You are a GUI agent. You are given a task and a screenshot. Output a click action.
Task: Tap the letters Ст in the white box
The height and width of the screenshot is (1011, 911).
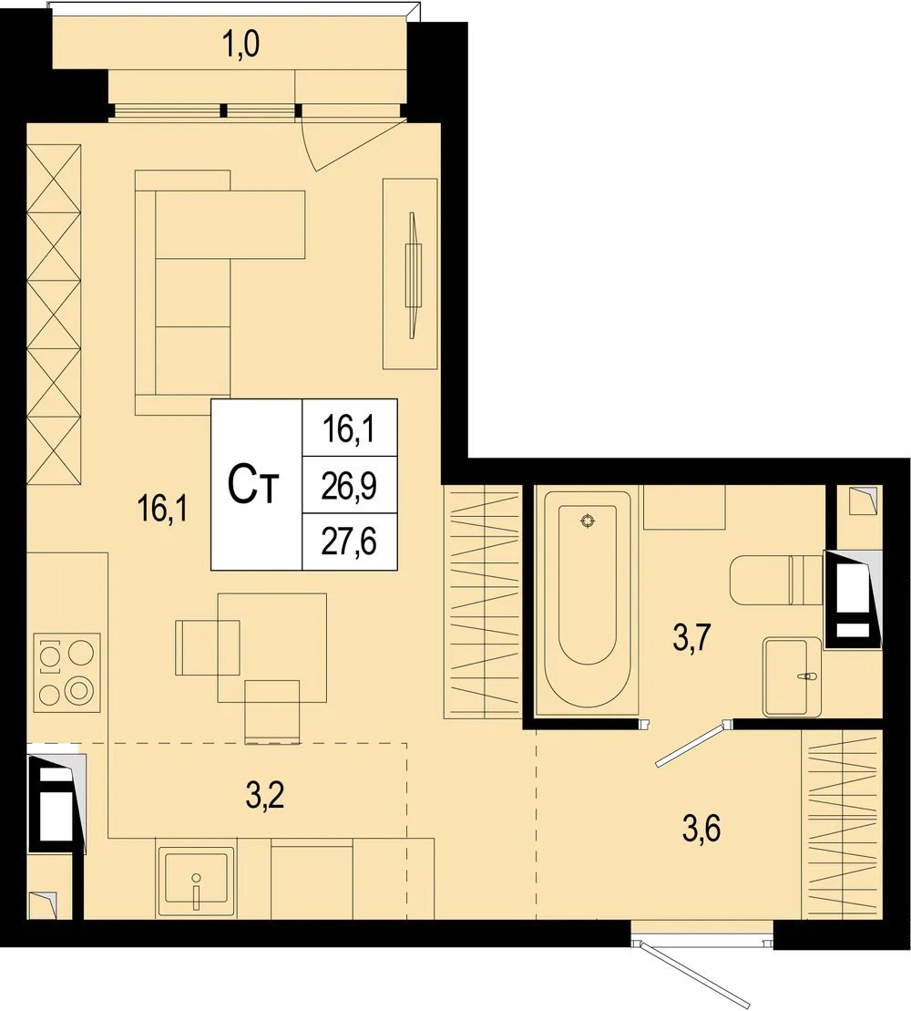click(254, 486)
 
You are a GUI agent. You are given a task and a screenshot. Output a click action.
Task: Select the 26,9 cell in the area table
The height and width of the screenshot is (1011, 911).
click(350, 485)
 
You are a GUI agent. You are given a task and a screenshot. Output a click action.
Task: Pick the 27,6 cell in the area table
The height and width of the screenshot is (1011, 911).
click(350, 542)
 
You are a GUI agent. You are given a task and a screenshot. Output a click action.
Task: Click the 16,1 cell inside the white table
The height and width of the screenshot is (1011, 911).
click(350, 427)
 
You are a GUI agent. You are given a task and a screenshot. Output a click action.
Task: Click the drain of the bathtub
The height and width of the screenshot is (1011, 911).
click(588, 521)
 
